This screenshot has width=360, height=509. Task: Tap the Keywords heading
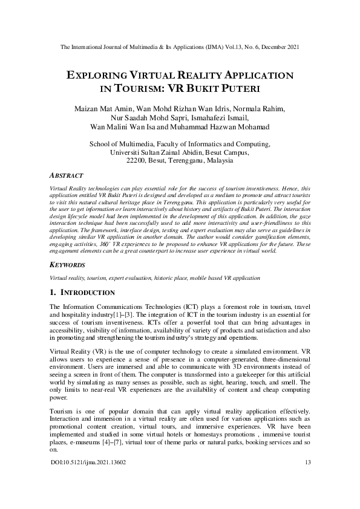click(x=68, y=265)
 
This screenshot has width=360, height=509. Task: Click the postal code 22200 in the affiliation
click(x=138, y=161)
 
